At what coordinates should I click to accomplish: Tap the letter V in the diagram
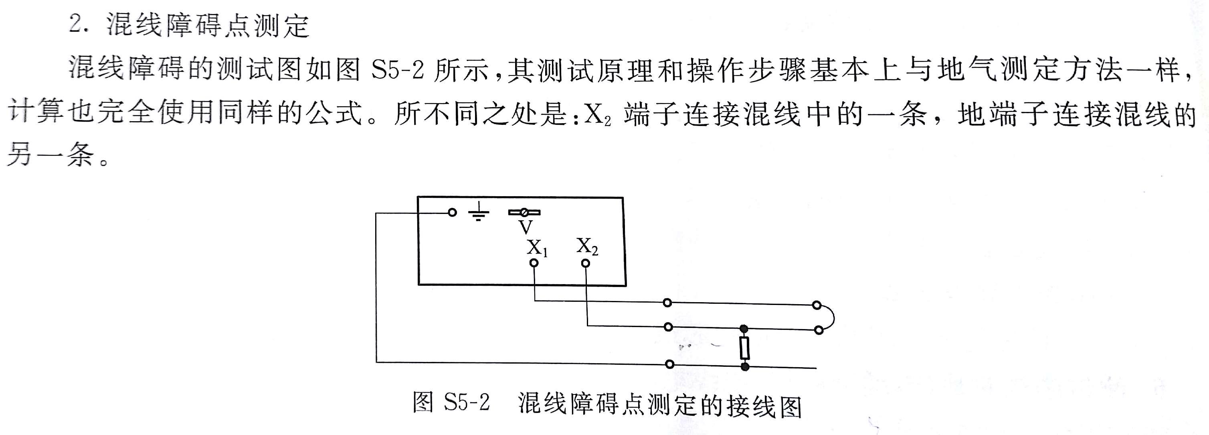(526, 228)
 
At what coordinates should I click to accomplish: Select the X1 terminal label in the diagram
(537, 248)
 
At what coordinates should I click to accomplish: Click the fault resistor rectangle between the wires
(744, 348)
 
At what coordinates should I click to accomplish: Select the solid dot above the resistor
(744, 328)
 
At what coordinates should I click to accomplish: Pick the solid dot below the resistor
(744, 366)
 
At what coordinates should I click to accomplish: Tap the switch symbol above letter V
(524, 212)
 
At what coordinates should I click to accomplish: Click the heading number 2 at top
(75, 24)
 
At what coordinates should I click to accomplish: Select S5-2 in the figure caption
(467, 402)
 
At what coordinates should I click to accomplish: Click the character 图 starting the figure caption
(423, 402)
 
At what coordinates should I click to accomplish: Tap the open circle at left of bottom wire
(670, 364)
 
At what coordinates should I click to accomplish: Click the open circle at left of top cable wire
(667, 303)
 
